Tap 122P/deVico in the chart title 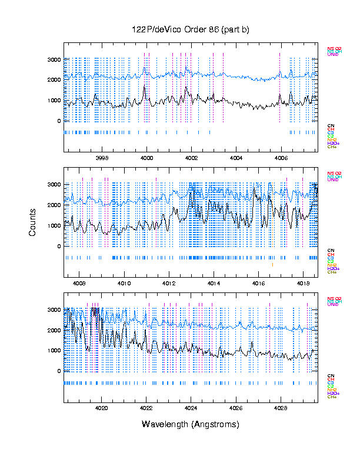(x=152, y=30)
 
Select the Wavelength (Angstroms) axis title (x=191, y=424)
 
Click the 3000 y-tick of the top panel (x=54, y=59)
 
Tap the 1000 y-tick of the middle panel (x=54, y=226)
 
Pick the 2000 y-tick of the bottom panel (x=54, y=330)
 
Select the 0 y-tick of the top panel (x=58, y=121)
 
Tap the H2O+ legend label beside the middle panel (x=332, y=269)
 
